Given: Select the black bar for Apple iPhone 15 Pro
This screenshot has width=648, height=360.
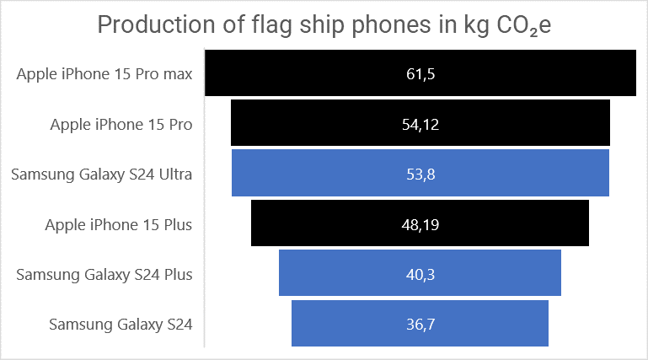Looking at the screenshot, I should pos(320,124).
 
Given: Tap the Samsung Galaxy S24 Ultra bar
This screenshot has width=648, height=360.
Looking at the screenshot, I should pos(320,175).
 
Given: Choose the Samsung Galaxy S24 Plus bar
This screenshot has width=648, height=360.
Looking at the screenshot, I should pos(354,273).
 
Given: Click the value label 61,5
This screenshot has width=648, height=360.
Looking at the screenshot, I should pos(420,74).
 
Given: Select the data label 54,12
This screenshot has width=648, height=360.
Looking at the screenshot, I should pos(420,125).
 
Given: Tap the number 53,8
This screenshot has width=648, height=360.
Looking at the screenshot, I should pos(420,175).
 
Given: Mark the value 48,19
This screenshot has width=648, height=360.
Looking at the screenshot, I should pos(420,224).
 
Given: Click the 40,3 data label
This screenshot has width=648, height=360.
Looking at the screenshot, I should pos(420,274).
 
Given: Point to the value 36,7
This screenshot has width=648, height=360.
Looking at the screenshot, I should pos(420,324).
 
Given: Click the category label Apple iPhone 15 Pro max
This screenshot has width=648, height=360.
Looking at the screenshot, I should pos(104,74).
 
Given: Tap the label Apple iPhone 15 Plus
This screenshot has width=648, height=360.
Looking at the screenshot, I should pos(118,224).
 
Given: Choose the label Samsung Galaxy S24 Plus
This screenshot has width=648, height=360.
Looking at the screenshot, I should pos(104,274).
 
